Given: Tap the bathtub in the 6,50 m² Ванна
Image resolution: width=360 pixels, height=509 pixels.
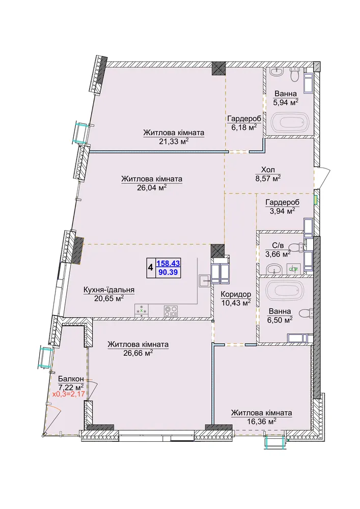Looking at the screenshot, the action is coord(284,291).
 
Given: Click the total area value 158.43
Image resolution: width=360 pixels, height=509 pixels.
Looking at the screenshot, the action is coord(168,263).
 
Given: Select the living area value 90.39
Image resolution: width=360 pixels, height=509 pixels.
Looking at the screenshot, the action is coord(168,272).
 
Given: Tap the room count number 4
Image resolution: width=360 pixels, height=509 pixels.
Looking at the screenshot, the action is coord(151,268).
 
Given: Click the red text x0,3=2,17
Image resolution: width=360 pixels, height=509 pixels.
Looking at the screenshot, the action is coord(69,395).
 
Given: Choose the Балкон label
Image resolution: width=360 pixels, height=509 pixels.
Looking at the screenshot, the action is coord(71,379).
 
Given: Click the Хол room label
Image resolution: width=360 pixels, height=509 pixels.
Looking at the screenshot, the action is coord(268,170).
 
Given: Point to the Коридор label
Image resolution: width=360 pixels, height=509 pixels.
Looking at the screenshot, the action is coord(236,294).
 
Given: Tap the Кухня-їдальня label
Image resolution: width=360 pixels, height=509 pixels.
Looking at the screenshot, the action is coord(109,290).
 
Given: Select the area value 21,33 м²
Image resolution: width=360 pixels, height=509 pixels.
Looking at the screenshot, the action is coord(174,141).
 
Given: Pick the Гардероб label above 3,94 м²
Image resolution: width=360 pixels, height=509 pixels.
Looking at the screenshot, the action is coord(283,203).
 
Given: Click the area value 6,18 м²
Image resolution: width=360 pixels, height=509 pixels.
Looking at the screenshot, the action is coord(244,127).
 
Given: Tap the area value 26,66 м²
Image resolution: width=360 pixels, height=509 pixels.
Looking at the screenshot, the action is coord(138,353).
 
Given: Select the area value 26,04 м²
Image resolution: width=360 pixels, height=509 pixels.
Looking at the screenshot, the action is coord(152,187).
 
